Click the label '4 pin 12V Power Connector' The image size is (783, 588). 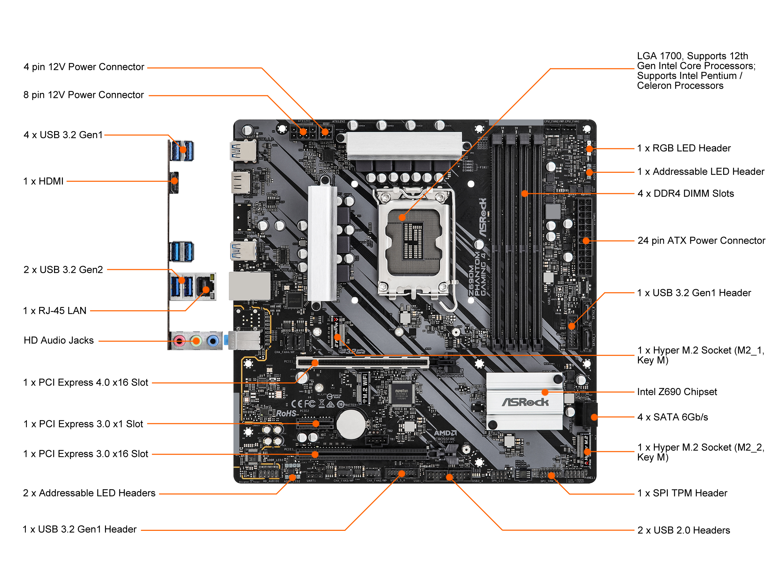[x=84, y=67]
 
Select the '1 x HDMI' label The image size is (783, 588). [x=43, y=181]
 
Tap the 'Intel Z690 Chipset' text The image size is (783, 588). [x=677, y=392]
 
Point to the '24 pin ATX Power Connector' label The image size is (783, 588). [x=701, y=241]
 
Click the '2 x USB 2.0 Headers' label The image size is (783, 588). [x=683, y=530]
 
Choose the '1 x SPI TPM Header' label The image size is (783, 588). [x=682, y=493]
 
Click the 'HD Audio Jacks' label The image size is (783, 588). [x=59, y=341]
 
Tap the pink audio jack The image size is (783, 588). [x=179, y=341]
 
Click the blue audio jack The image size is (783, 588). [x=213, y=341]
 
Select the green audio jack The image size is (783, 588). [x=196, y=341]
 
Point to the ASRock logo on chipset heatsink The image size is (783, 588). [x=525, y=402]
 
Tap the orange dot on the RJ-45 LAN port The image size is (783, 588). [x=206, y=290]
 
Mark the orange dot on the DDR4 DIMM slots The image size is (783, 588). [x=525, y=194]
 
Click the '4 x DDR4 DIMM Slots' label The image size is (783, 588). [x=686, y=194]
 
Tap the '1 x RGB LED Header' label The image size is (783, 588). [x=684, y=148]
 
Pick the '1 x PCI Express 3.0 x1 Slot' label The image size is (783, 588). [x=84, y=424]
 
